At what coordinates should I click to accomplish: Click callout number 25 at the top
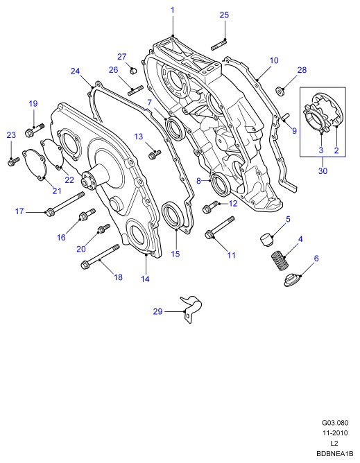(x=224, y=15)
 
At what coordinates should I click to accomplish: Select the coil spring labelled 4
(x=280, y=260)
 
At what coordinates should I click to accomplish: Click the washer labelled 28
(x=280, y=91)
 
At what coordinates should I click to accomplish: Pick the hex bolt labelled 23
(x=13, y=161)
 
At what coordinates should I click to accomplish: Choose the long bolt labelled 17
(x=65, y=204)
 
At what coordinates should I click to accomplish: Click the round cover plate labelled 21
(x=34, y=165)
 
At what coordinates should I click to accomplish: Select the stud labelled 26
(x=135, y=90)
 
